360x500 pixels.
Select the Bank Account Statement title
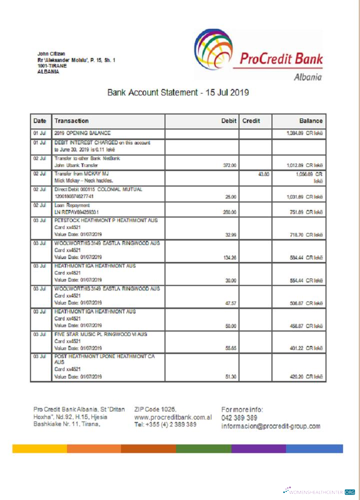[178, 92]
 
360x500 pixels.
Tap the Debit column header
[228, 120]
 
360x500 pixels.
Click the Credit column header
[251, 120]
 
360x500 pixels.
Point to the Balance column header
[310, 120]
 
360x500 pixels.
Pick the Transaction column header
[71, 120]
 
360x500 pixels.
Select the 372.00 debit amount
[229, 164]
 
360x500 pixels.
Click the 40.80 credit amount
[263, 174]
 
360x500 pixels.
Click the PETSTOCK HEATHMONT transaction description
[104, 220]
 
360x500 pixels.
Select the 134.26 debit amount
[229, 258]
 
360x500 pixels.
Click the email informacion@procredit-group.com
[270, 426]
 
